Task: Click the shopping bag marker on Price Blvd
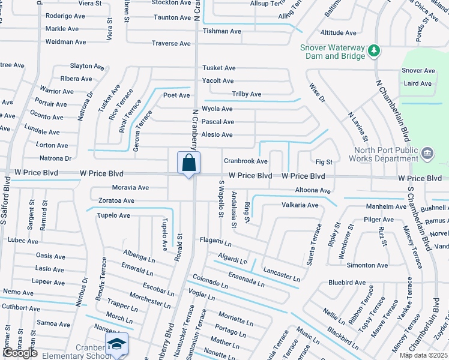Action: pos(188,163)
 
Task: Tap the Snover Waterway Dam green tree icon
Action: pos(375,50)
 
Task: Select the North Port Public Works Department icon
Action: pos(427,154)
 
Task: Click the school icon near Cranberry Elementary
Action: pos(116,344)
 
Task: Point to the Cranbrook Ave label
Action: pos(246,161)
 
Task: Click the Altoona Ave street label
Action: pos(313,191)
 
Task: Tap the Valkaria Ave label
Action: pos(300,205)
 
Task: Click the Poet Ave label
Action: pos(176,95)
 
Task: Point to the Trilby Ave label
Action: pos(247,94)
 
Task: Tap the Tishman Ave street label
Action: pos(221,31)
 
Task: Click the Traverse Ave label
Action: pos(171,44)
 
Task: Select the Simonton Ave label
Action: pos(367,265)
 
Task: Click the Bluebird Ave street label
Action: pos(347,283)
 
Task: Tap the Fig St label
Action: pos(324,162)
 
